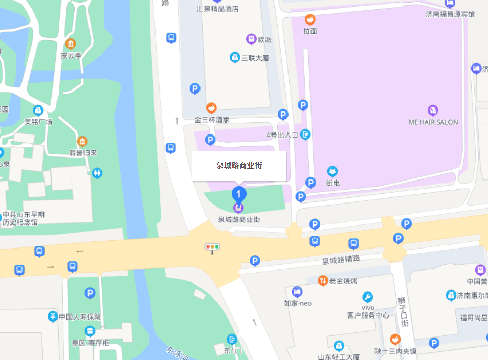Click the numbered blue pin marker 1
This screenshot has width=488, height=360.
click(x=239, y=194)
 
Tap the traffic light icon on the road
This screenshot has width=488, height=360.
click(x=212, y=247)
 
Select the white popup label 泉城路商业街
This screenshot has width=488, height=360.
click(x=239, y=166)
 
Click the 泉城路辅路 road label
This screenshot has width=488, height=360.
click(x=341, y=260)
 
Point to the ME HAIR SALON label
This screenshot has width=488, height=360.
click(x=433, y=122)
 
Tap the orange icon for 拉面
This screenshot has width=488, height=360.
click(x=309, y=20)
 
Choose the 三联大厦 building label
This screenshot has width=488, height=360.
click(x=255, y=58)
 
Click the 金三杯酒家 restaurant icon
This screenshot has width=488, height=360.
click(x=211, y=108)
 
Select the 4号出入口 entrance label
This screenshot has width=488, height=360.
click(x=282, y=135)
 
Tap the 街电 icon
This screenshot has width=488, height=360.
click(x=332, y=171)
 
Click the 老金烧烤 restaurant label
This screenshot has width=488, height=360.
click(x=343, y=280)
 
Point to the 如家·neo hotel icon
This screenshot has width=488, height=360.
click(x=297, y=292)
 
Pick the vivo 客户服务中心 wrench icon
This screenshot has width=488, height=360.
click(x=367, y=297)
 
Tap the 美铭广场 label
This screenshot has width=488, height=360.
click(x=38, y=122)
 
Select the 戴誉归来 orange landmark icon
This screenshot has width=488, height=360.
click(x=82, y=141)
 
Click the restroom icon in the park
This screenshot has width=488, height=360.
click(x=97, y=173)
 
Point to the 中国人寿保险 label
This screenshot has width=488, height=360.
click(x=79, y=317)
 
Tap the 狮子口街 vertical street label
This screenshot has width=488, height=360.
click(x=404, y=312)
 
